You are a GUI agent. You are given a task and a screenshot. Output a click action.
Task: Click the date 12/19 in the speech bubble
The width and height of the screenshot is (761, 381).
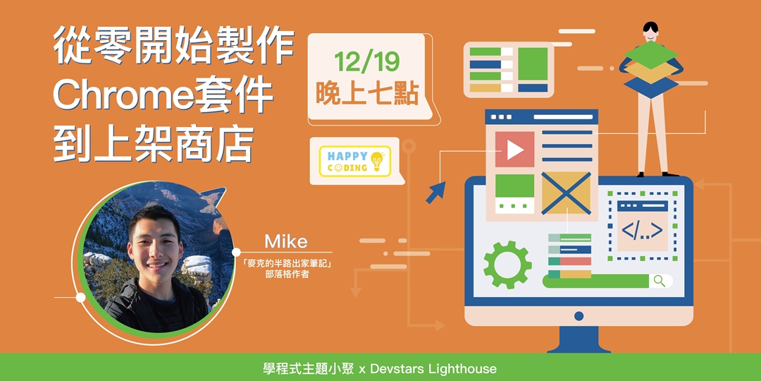click(x=366, y=62)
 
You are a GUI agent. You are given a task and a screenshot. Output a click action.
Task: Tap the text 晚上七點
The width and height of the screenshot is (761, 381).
click(x=367, y=93)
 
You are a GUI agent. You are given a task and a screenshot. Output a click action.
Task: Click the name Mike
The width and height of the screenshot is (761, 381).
click(x=286, y=241)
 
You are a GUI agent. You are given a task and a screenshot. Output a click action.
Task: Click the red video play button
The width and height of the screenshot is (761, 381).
click(x=514, y=149)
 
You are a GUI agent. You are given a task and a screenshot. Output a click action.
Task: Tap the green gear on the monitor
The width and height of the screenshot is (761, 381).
click(x=507, y=265)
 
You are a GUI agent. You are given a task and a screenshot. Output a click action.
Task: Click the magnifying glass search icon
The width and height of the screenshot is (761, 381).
click(x=660, y=281)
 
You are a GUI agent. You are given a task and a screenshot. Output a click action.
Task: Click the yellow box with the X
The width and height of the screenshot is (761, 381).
click(x=566, y=193)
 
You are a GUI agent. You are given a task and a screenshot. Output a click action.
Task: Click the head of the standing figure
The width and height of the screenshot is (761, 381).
click(x=650, y=32)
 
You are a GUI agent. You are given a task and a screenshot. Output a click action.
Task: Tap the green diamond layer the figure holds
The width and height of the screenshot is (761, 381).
click(x=651, y=54)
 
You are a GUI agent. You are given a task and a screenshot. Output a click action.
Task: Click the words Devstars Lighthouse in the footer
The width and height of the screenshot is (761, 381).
click(x=433, y=368)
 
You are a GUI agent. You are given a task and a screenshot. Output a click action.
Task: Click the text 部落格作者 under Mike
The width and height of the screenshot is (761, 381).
click(x=286, y=274)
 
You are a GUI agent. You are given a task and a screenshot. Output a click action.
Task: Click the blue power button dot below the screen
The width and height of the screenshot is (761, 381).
click(x=579, y=316)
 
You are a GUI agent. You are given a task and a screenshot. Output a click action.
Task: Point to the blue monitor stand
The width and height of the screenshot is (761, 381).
click(x=579, y=339)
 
